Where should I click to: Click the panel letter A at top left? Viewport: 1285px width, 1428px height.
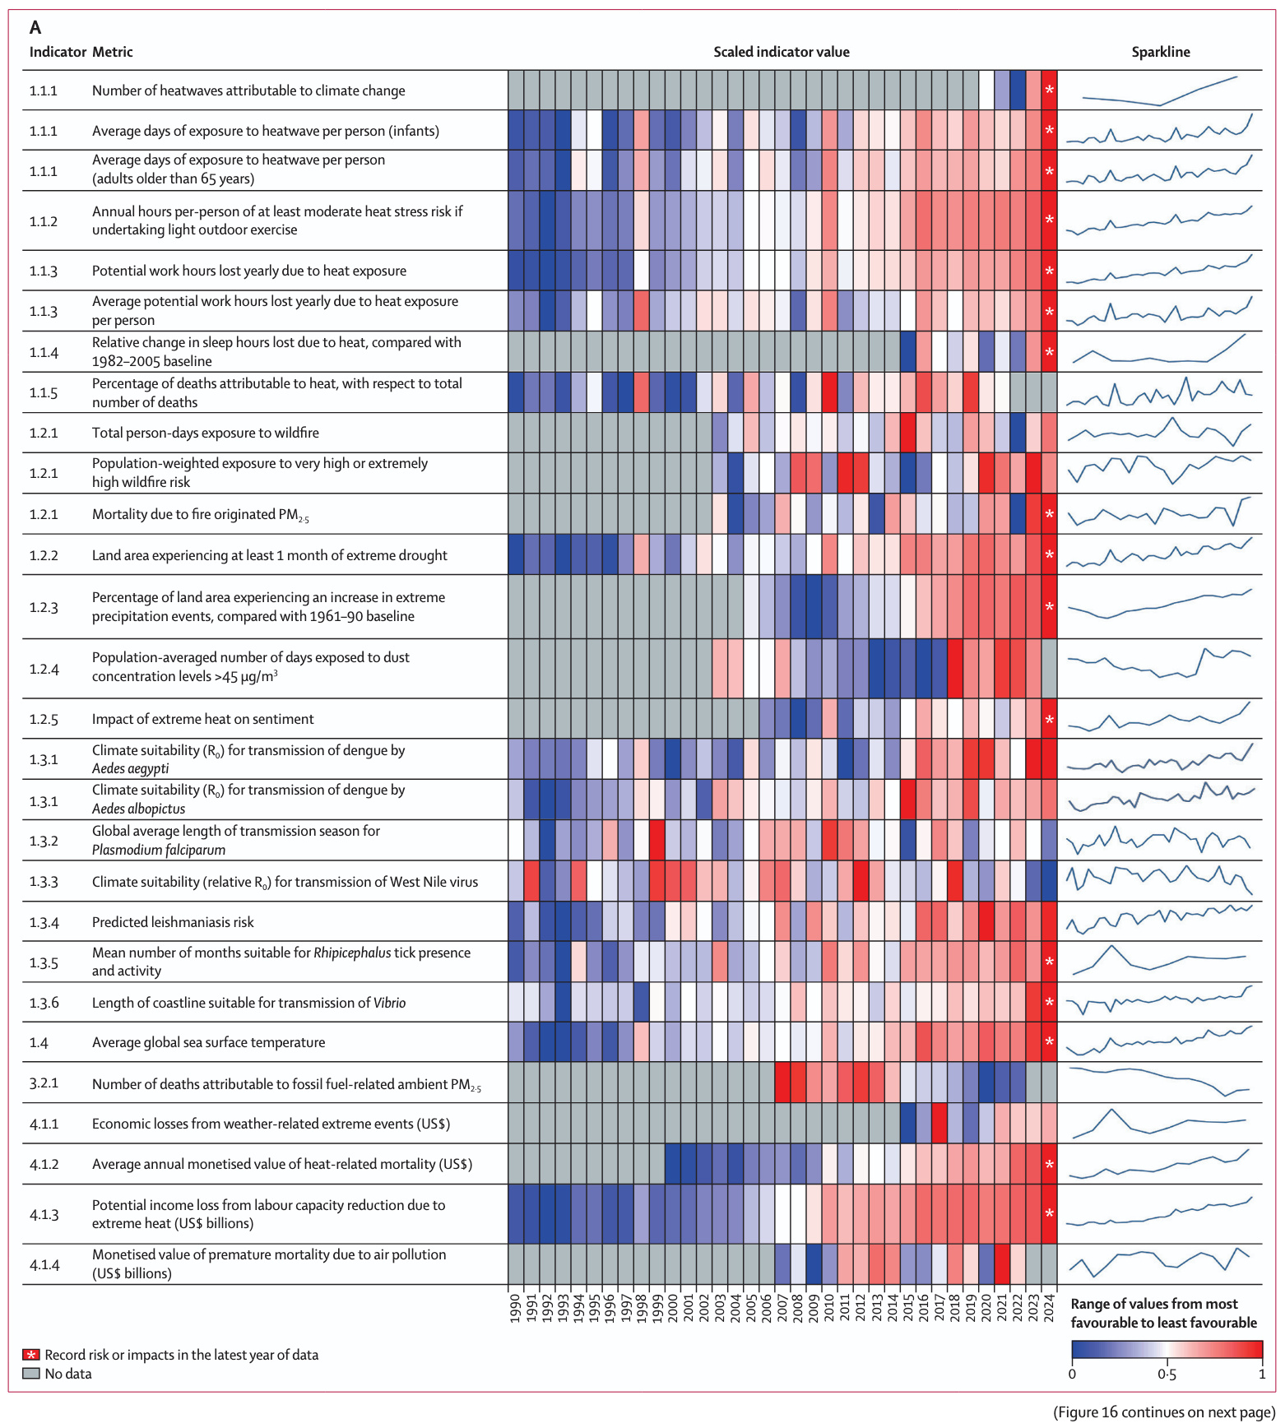click(35, 27)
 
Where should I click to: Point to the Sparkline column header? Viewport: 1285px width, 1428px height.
click(1160, 52)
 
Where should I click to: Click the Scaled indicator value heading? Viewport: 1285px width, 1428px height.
click(781, 52)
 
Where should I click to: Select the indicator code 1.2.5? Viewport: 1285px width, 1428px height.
click(44, 719)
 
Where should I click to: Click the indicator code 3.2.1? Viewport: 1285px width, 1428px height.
click(44, 1083)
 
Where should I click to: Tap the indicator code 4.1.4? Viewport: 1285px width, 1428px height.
click(44, 1264)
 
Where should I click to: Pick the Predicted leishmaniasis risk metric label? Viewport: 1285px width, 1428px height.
click(173, 922)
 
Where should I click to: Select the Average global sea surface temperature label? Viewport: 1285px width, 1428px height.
click(208, 1042)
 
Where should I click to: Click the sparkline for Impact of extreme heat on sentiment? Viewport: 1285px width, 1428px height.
click(1159, 718)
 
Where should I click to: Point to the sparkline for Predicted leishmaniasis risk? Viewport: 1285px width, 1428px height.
click(1159, 920)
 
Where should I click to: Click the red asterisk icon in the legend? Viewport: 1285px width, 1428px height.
click(31, 1355)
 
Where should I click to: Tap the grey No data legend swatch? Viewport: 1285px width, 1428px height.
click(31, 1374)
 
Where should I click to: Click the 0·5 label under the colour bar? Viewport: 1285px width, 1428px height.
click(1166, 1375)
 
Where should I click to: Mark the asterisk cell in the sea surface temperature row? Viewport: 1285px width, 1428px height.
click(1049, 1042)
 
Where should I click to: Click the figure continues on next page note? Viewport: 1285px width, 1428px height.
click(1163, 1412)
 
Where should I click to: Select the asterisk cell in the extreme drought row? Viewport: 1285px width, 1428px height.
click(1049, 555)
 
